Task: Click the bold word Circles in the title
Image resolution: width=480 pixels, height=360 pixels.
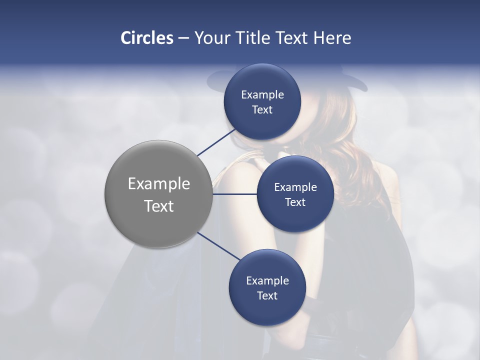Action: click(146, 38)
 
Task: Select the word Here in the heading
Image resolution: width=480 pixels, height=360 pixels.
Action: click(332, 38)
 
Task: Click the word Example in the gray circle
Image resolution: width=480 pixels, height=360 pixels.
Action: click(159, 183)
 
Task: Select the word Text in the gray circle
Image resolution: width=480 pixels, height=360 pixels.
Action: click(159, 206)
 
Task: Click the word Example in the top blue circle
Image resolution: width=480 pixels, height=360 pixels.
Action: click(262, 94)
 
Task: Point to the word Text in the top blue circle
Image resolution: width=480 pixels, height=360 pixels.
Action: click(262, 109)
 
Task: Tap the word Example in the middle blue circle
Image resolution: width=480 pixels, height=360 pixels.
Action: click(295, 187)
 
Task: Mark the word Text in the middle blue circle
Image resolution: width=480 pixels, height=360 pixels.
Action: click(295, 202)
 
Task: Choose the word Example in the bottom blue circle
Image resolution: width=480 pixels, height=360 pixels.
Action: click(267, 280)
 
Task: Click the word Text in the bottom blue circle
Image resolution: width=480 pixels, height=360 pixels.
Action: click(267, 295)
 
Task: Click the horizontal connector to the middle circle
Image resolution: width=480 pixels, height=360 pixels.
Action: click(234, 194)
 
